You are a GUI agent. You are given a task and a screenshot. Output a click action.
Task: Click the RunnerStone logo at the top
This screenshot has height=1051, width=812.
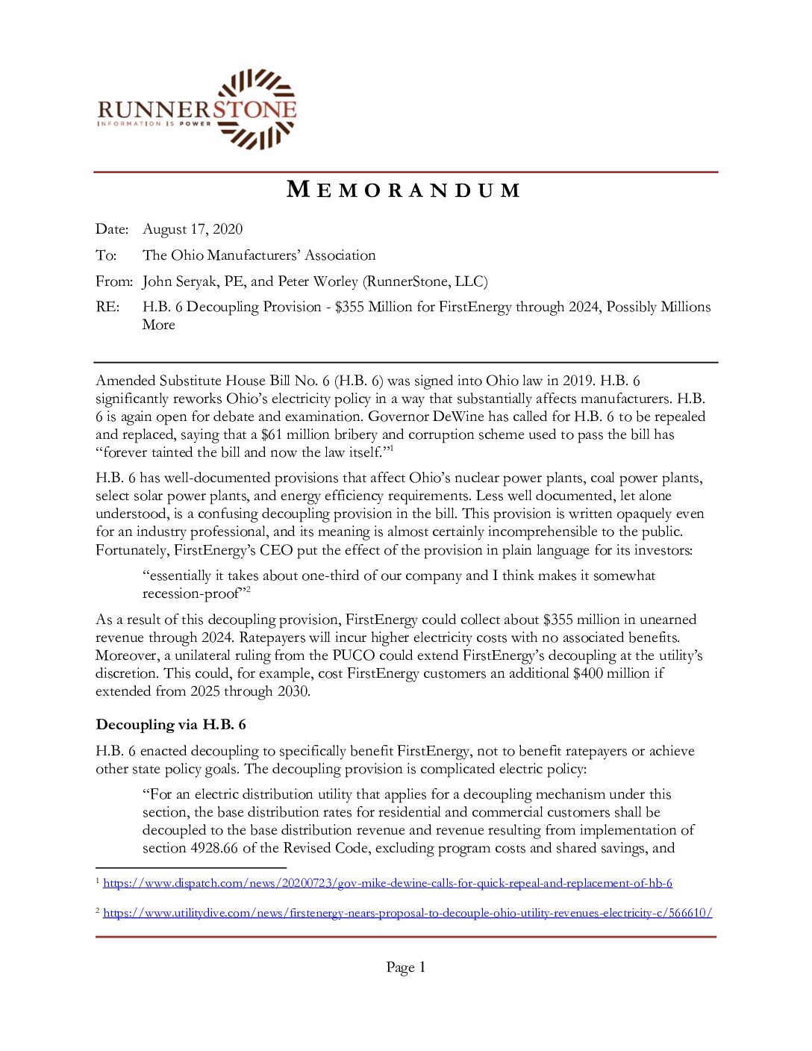click(x=197, y=109)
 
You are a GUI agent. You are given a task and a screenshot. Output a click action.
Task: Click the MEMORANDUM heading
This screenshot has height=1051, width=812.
click(x=404, y=190)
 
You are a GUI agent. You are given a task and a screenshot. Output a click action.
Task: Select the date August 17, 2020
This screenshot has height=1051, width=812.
click(x=193, y=229)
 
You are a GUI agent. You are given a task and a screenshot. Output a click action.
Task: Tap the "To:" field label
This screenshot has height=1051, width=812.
click(x=106, y=255)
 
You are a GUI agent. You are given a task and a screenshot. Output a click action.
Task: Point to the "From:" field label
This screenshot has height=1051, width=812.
click(x=114, y=281)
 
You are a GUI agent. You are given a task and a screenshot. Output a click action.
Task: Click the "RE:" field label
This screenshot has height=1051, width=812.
click(x=107, y=307)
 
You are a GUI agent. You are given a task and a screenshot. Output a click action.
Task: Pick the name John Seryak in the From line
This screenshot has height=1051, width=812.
click(x=176, y=281)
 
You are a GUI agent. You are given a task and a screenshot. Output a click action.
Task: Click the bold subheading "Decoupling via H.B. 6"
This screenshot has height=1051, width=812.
click(x=171, y=725)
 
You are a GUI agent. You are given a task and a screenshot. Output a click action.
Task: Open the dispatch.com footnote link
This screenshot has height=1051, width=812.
click(x=387, y=883)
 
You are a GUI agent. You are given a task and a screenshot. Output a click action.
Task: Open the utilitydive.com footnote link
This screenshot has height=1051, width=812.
click(x=407, y=913)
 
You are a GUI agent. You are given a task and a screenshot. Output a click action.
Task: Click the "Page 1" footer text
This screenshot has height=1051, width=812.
click(x=405, y=967)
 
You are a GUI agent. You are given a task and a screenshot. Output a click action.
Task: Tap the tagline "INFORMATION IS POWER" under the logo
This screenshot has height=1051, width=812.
click(x=154, y=124)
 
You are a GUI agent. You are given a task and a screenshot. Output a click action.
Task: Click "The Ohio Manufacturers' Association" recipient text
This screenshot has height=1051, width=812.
click(x=259, y=255)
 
